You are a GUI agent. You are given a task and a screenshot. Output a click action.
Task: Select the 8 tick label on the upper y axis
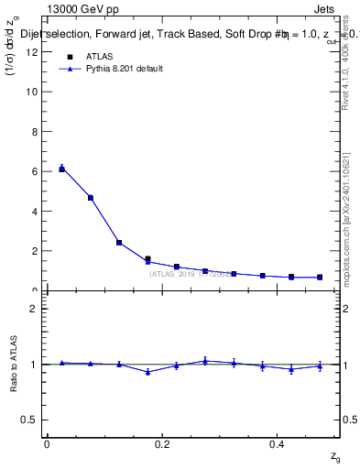(x=35, y=131)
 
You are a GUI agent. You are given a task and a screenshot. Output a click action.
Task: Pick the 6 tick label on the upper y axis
(x=35, y=171)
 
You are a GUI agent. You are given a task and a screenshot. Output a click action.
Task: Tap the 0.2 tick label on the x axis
(x=162, y=444)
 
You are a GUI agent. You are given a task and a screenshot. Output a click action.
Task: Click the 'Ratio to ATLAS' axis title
(x=12, y=365)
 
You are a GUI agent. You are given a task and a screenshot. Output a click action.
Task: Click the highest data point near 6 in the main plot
(x=61, y=169)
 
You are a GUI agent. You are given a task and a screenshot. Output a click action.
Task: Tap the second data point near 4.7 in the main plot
(x=91, y=197)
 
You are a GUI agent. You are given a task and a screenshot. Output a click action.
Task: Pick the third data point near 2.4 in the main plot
(x=119, y=243)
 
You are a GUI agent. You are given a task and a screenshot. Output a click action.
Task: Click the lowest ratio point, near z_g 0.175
(x=147, y=372)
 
